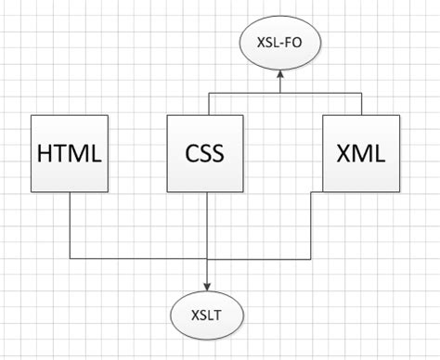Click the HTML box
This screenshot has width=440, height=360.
click(x=70, y=152)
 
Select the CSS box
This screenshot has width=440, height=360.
click(x=205, y=152)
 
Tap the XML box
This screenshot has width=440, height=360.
click(x=362, y=152)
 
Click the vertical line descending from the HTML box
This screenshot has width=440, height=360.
click(x=70, y=223)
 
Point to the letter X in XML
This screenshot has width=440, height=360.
click(x=343, y=153)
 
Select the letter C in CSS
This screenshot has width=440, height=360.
click(x=188, y=153)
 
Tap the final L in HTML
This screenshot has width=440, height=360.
click(x=97, y=153)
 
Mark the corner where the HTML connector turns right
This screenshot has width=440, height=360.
click(x=70, y=257)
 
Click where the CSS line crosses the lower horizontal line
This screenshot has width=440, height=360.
click(x=205, y=257)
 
